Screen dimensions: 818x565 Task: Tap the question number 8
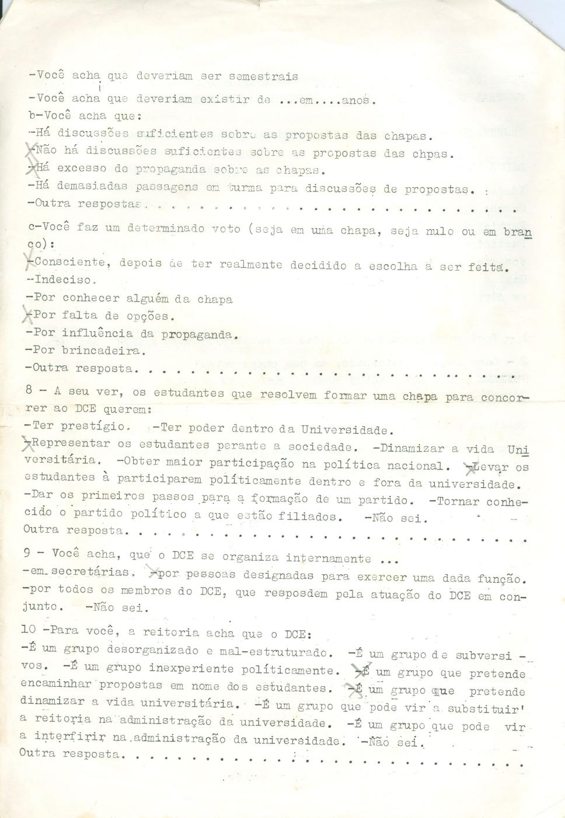click(x=29, y=391)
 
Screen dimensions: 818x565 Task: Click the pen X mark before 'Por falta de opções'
click(x=26, y=316)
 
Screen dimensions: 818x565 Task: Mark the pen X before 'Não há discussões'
click(x=31, y=151)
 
